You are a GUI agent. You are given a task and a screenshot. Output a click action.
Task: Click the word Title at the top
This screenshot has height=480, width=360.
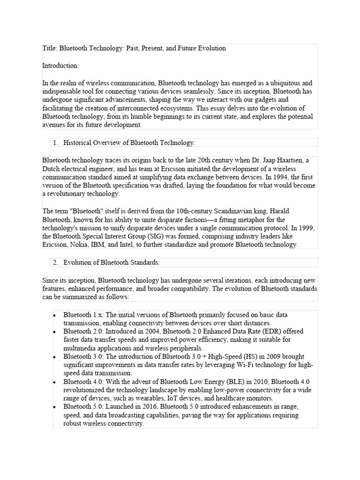click(49, 48)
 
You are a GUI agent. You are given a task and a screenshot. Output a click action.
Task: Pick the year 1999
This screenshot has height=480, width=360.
click(307, 228)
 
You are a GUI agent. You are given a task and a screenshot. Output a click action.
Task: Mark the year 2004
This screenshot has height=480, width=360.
click(142, 331)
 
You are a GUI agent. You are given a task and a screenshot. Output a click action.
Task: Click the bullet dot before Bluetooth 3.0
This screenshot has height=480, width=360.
click(54, 357)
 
